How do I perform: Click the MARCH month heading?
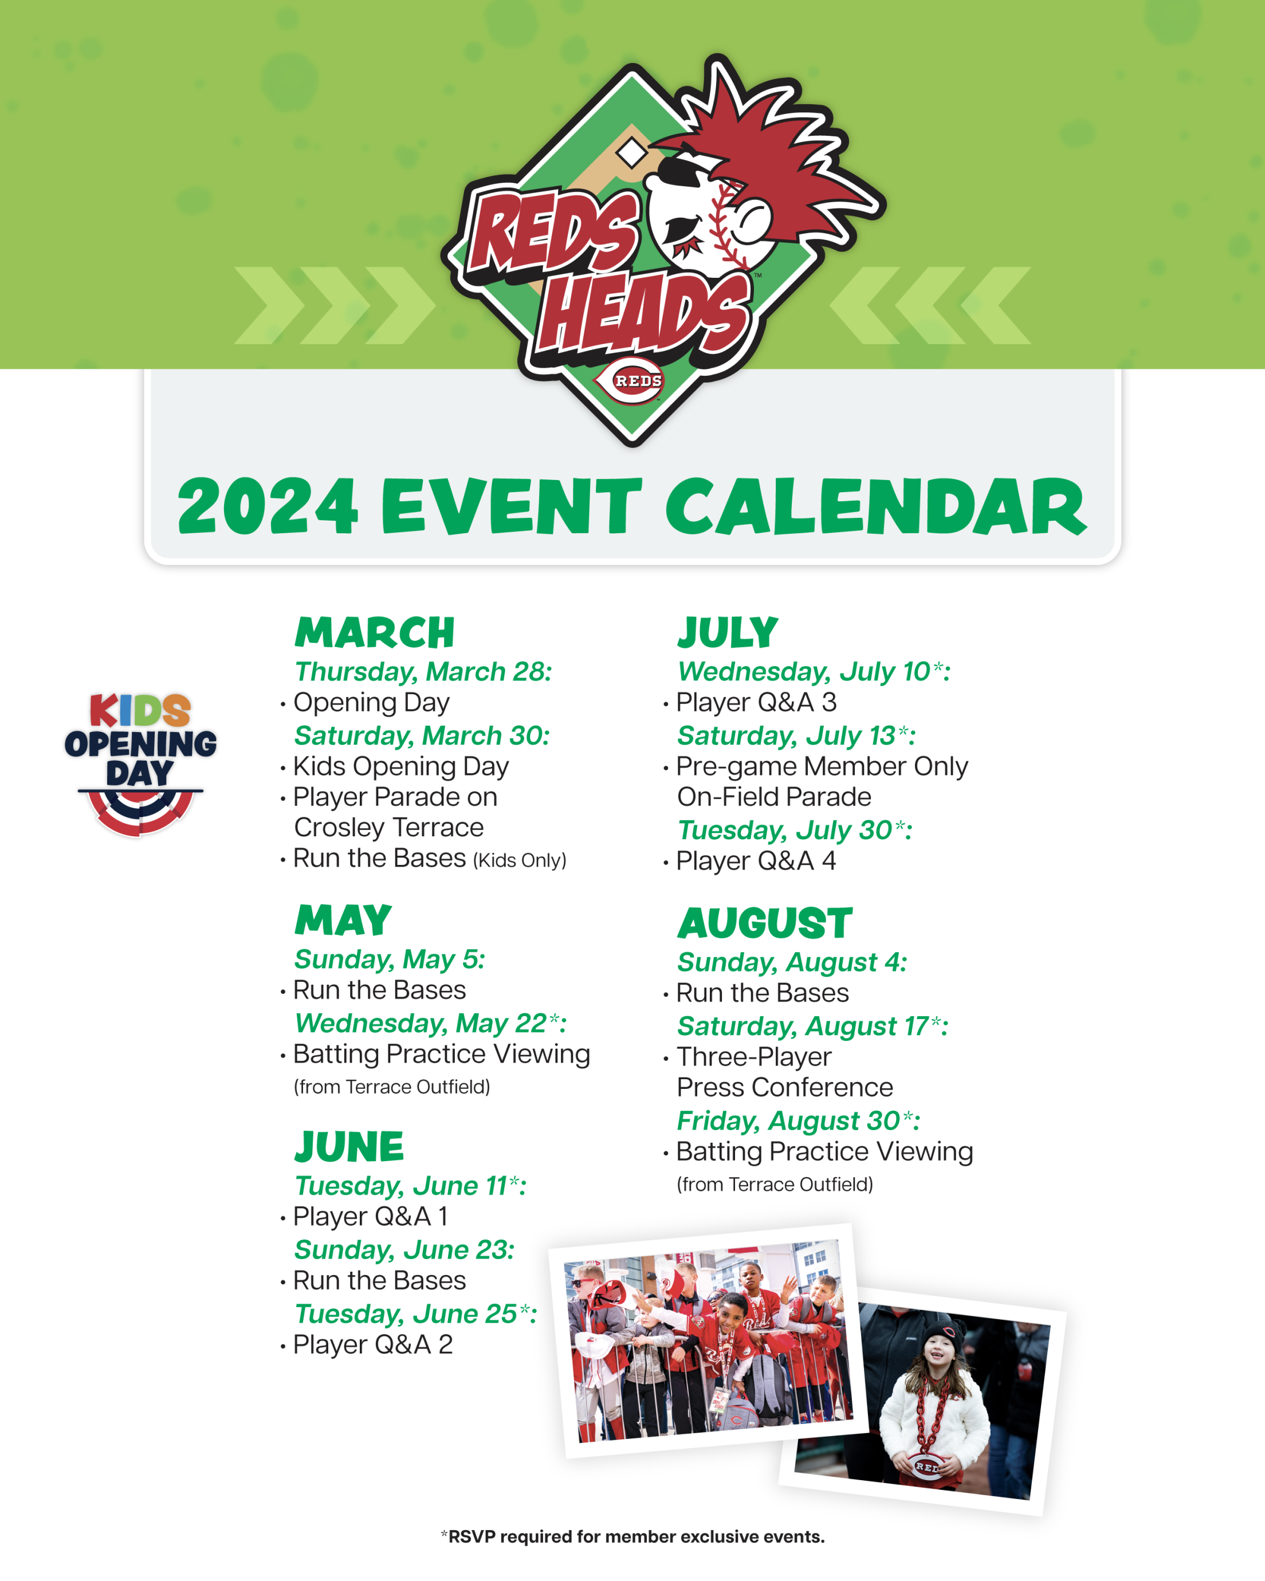375,633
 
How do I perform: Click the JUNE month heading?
349,1147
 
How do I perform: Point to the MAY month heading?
343,921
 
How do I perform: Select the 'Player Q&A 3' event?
756,702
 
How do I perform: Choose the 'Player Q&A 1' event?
370,1217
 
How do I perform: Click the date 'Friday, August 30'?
798,1121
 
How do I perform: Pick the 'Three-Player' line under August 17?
754,1057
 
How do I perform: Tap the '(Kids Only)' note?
520,860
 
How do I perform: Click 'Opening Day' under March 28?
371,702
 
